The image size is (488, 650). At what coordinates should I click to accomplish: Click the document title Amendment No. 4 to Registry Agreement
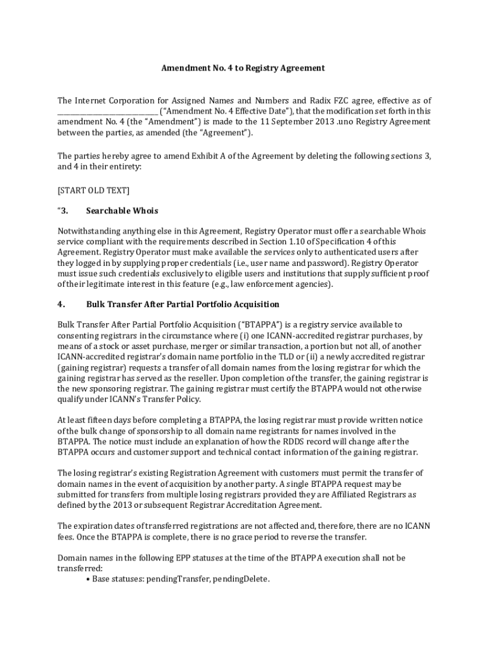pyautogui.click(x=243, y=68)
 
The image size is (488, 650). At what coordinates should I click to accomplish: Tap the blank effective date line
pyautogui.click(x=107, y=112)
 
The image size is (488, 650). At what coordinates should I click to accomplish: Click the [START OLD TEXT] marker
pyautogui.click(x=93, y=190)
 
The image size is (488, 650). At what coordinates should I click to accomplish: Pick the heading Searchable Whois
pyautogui.click(x=122, y=211)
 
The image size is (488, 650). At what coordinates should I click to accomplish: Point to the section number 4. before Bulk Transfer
pyautogui.click(x=61, y=305)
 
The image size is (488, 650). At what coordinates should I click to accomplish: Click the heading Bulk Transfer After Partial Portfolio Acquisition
pyautogui.click(x=183, y=305)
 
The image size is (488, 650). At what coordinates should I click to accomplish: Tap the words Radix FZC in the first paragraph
pyautogui.click(x=329, y=101)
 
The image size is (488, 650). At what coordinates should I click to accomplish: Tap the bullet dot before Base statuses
pyautogui.click(x=87, y=579)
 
